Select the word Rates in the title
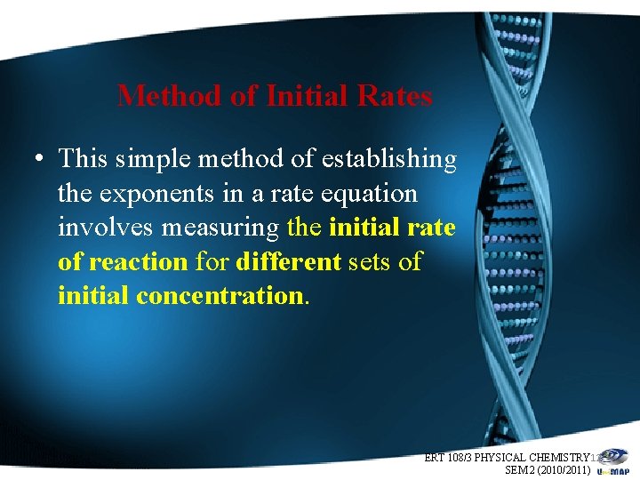click(x=396, y=95)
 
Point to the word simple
click(x=160, y=159)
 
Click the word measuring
click(x=222, y=228)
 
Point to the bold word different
click(x=288, y=262)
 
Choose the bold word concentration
click(x=220, y=296)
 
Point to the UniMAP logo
click(x=614, y=468)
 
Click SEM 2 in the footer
click(x=518, y=469)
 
